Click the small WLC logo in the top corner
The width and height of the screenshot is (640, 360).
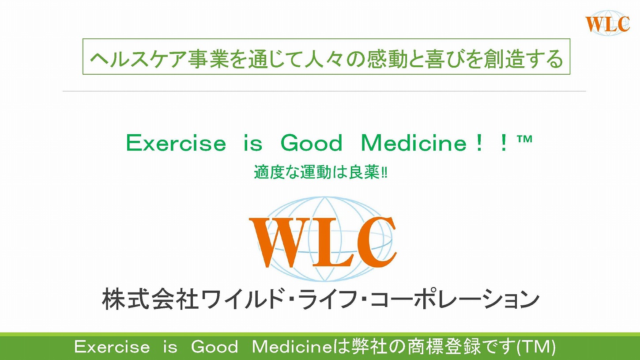[x=607, y=23]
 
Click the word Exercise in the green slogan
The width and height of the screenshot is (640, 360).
[x=176, y=143]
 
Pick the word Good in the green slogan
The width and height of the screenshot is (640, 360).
[x=312, y=143]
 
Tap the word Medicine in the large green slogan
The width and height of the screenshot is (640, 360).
[x=414, y=143]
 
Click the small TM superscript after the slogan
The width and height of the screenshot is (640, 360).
[x=524, y=139]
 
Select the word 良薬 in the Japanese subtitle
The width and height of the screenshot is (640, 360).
[x=364, y=172]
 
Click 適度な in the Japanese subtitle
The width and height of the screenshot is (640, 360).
[x=276, y=172]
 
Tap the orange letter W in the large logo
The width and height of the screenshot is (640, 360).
[x=282, y=243]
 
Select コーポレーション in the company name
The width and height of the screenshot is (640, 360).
[x=455, y=299]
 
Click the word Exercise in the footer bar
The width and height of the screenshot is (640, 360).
[x=112, y=347]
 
